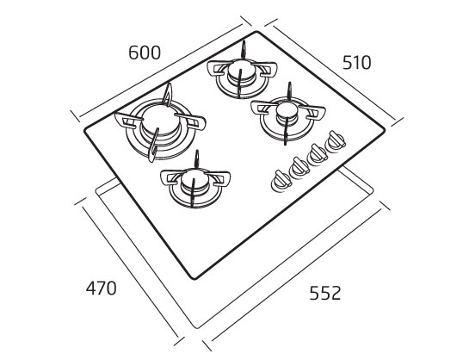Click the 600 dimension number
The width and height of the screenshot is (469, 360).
tap(145, 53)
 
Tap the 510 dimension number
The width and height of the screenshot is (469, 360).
tap(356, 63)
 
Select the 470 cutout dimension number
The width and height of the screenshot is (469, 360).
tap(101, 289)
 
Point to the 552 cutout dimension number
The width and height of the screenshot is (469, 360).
tap(325, 293)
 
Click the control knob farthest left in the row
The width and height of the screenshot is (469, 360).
tap(281, 182)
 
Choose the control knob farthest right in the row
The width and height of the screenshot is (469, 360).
tap(336, 141)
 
